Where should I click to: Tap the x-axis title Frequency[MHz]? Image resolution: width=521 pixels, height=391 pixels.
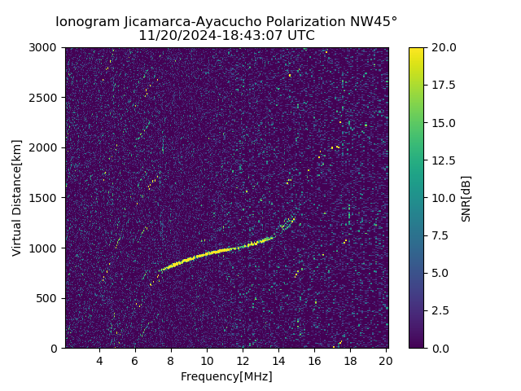[226, 376]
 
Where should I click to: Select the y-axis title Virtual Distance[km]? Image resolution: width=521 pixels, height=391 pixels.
[17, 197]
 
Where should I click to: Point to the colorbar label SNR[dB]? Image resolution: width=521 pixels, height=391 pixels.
[466, 198]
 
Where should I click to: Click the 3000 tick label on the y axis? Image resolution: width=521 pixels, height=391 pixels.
[45, 47]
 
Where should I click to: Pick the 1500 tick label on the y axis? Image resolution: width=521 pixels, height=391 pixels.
[45, 198]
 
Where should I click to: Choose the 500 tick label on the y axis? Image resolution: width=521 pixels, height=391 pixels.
[48, 298]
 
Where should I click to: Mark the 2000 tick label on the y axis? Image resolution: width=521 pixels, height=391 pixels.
[45, 147]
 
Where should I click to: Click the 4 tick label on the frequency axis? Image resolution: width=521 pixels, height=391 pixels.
[99, 361]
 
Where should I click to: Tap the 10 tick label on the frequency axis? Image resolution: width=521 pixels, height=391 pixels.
[207, 361]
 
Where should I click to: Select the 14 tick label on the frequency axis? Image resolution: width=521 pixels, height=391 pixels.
[278, 361]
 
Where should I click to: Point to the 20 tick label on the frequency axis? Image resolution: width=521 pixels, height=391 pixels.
[386, 361]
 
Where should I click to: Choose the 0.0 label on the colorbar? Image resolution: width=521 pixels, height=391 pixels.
[440, 348]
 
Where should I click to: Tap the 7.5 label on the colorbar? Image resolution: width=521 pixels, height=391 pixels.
[440, 235]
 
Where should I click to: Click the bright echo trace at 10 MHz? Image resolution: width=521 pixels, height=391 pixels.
[207, 253]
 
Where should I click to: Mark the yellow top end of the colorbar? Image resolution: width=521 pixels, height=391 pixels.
[416, 51]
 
